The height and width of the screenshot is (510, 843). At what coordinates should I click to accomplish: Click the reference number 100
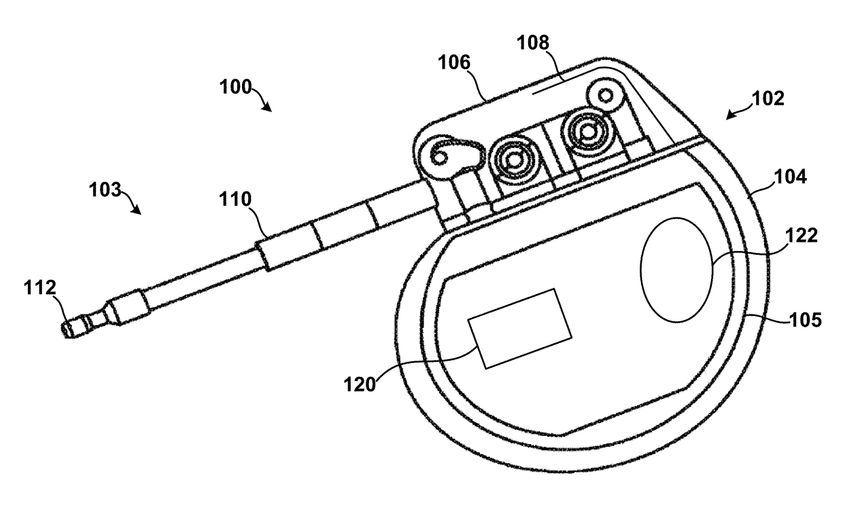[x=236, y=87]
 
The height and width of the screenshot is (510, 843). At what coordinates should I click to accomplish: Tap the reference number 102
[x=768, y=98]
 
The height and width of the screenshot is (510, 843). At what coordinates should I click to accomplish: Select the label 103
[x=105, y=189]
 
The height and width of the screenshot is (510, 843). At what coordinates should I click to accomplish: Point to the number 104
[x=791, y=177]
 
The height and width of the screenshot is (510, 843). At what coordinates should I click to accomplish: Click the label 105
[x=806, y=321]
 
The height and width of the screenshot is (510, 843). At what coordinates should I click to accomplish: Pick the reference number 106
[x=454, y=62]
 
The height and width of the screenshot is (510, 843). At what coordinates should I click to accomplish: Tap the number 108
[x=533, y=43]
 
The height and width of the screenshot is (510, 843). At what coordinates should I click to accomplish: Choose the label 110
[x=235, y=199]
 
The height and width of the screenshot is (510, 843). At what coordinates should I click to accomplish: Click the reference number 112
[x=40, y=288]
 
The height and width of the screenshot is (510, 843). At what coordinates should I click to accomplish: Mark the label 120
[x=360, y=385]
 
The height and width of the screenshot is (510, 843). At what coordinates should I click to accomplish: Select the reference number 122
[x=802, y=236]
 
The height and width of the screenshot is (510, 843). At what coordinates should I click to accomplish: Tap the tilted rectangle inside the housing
[x=519, y=329]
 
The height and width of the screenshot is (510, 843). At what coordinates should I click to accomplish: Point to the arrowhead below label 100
[x=266, y=107]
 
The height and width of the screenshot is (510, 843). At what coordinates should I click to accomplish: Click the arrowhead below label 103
[x=137, y=210]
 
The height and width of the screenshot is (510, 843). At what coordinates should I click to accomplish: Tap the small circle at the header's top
[x=606, y=96]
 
